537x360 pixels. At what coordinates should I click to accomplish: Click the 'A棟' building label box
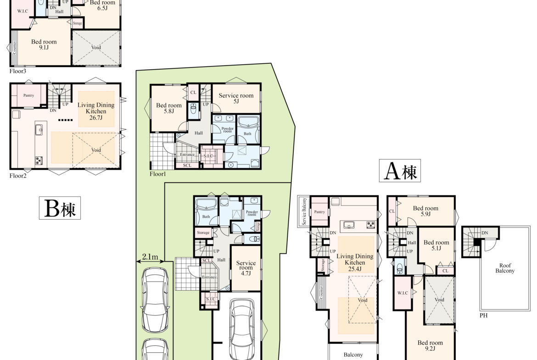point(400,171)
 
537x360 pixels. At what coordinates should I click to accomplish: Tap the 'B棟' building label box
point(60,208)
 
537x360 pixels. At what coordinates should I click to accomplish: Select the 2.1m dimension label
point(150,257)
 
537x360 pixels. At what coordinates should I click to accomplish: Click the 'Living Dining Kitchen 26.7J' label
point(96,111)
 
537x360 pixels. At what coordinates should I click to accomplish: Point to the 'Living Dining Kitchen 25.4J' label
point(355,262)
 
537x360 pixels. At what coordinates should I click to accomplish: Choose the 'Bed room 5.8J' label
point(169,108)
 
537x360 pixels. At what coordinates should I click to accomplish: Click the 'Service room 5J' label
point(236,98)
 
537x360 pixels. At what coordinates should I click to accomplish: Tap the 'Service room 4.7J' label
point(246,268)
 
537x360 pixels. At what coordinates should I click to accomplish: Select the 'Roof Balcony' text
point(505,268)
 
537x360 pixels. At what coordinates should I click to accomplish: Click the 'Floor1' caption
point(157,174)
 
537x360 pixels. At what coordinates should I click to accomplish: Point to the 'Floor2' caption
point(18,176)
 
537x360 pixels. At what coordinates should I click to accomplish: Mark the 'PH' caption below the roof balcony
point(483,316)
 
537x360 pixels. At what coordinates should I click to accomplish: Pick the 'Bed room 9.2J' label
point(430,345)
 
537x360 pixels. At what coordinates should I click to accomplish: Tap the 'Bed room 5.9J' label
point(425,211)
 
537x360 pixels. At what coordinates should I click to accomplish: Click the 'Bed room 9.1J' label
point(44,44)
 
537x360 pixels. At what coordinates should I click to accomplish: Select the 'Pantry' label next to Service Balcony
point(319,212)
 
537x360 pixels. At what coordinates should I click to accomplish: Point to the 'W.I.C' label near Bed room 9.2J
point(403,293)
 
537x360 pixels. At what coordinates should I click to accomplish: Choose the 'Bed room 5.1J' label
point(436,245)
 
